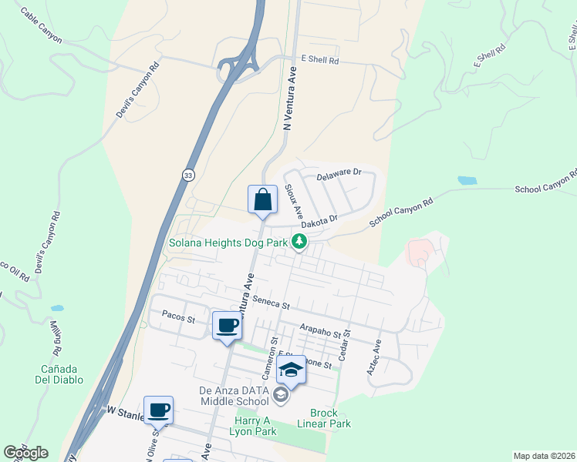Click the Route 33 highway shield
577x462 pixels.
coord(188,176)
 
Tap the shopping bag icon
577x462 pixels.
coord(262,199)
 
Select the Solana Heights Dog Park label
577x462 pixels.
coord(228,243)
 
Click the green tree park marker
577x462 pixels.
coord(299,243)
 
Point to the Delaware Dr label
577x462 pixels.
coord(339,173)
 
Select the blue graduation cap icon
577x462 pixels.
coord(291,370)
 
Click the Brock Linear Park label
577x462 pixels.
coord(330,418)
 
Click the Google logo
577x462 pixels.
coord(25,453)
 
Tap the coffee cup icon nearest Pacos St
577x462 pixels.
coord(226,327)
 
